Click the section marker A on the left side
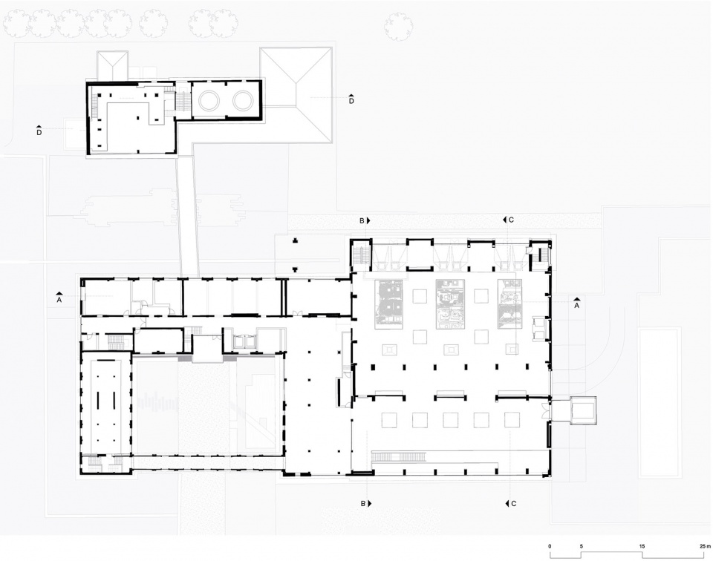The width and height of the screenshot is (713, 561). [x=59, y=297]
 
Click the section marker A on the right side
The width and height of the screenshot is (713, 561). [x=576, y=303]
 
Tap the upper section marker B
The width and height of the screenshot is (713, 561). [x=365, y=220]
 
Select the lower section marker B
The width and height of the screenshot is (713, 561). [x=365, y=503]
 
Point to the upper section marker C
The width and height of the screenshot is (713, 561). [x=508, y=220]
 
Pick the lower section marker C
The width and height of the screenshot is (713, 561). [x=511, y=503]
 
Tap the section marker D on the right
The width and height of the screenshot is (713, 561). [x=351, y=98]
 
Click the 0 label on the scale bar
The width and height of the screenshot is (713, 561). [x=550, y=546]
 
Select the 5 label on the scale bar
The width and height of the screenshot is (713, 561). [x=581, y=546]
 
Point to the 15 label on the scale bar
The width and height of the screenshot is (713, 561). [x=642, y=546]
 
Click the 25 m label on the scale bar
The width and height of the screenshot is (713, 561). [x=704, y=546]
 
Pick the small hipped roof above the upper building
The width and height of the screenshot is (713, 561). [x=112, y=66]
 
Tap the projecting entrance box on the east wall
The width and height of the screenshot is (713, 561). [x=583, y=410]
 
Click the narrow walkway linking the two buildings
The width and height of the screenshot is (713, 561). [x=187, y=216]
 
